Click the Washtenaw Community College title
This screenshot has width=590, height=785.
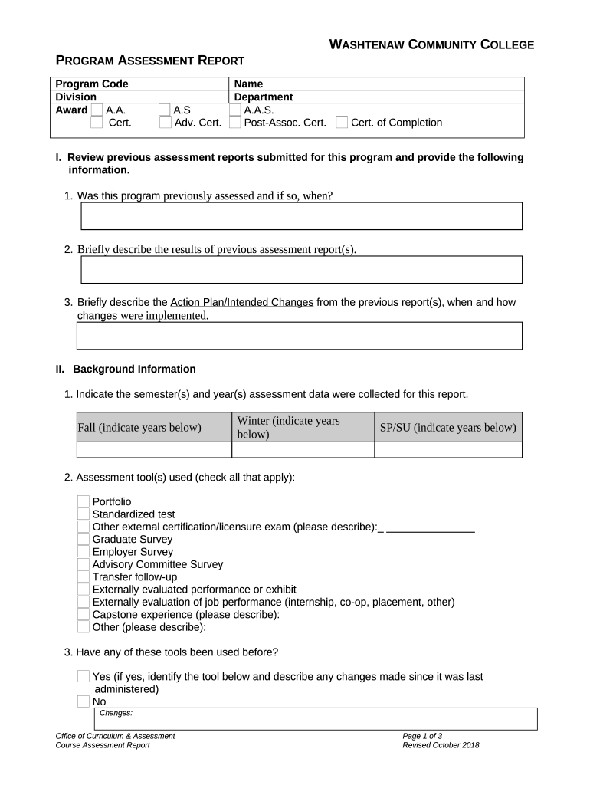(x=431, y=45)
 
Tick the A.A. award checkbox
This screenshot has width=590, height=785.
(x=97, y=110)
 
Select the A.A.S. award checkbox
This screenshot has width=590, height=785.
(x=235, y=110)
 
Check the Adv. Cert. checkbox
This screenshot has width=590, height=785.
(x=166, y=123)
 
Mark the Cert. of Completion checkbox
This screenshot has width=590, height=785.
(x=342, y=123)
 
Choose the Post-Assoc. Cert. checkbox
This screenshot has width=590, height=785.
(x=235, y=123)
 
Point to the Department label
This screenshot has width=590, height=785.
(x=264, y=97)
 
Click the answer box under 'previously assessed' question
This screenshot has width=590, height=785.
(x=301, y=216)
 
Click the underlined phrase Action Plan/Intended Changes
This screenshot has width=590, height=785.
(x=241, y=302)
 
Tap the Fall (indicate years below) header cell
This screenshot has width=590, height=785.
(x=139, y=427)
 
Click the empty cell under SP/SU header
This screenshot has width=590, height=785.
(x=447, y=450)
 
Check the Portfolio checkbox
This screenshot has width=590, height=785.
(x=84, y=501)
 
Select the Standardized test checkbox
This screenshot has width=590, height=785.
(x=84, y=514)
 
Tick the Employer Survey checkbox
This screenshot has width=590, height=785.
(x=84, y=552)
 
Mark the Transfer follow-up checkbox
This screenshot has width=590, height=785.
(x=84, y=576)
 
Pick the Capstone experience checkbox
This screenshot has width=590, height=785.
(x=84, y=614)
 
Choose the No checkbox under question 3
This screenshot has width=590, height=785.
(x=84, y=701)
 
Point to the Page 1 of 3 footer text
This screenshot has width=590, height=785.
(x=422, y=736)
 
